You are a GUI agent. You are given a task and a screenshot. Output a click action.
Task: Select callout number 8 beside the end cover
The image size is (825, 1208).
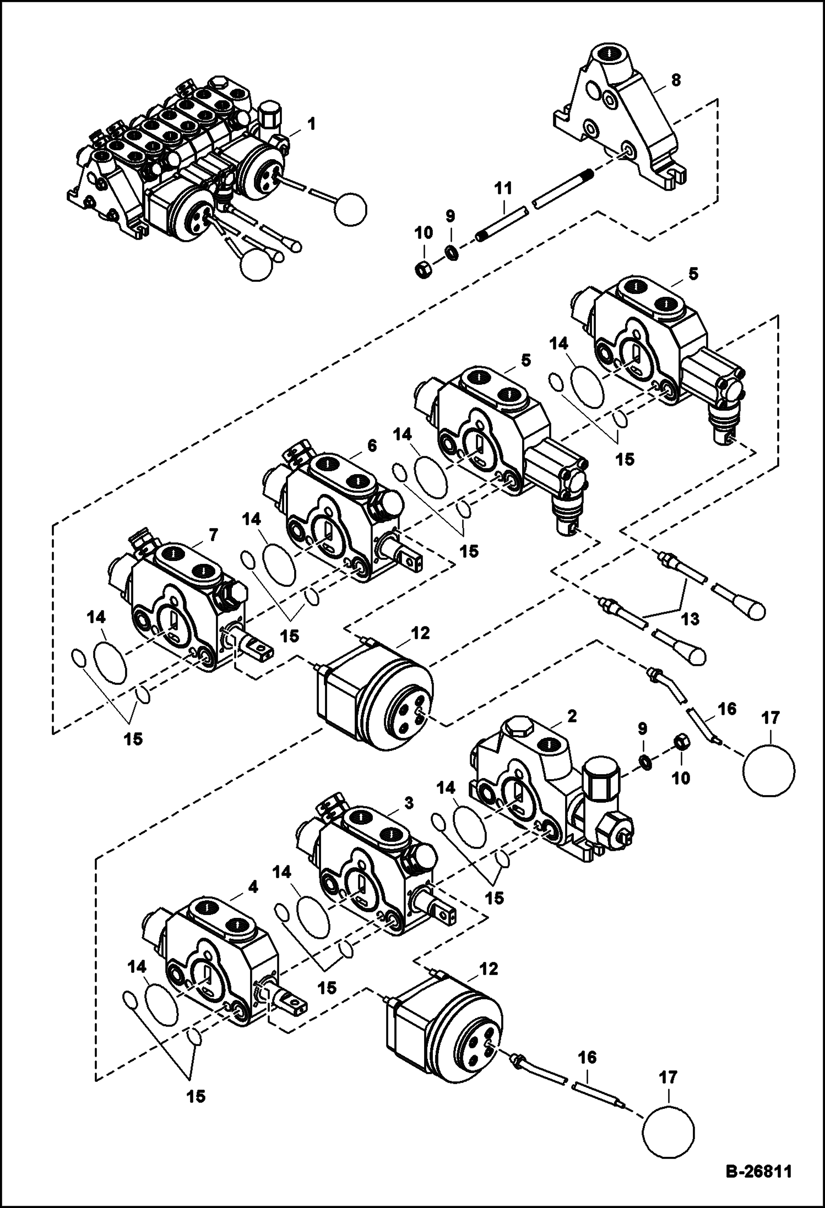pos(676,80)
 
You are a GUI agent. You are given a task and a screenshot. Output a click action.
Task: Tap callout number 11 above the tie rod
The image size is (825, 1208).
pos(503,188)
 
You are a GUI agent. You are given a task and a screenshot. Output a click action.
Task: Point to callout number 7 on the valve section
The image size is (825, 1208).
pos(213,534)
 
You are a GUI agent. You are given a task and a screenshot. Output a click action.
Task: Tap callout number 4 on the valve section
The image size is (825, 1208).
pos(253,887)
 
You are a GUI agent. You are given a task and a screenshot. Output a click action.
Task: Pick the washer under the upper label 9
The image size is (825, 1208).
pos(452,254)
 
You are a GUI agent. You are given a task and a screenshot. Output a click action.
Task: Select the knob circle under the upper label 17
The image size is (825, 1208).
pos(768,770)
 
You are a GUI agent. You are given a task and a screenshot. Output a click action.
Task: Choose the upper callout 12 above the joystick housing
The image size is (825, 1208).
pos(420,633)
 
